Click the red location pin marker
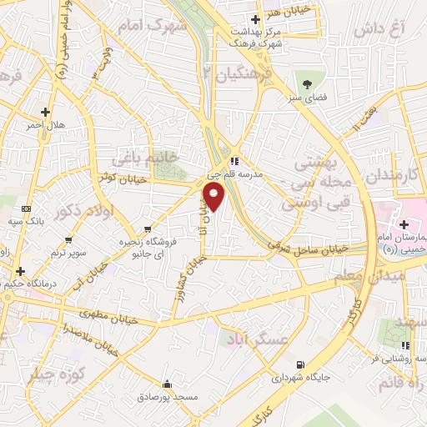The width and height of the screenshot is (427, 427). pos(215,197)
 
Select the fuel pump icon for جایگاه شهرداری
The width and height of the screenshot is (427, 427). pos(300,364)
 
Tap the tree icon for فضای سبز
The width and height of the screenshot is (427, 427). pos(307,83)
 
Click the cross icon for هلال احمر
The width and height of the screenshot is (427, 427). pos(45,112)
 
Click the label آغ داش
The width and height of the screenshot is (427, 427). pos(379,30)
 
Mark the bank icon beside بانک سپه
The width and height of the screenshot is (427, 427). pos(26,208)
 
